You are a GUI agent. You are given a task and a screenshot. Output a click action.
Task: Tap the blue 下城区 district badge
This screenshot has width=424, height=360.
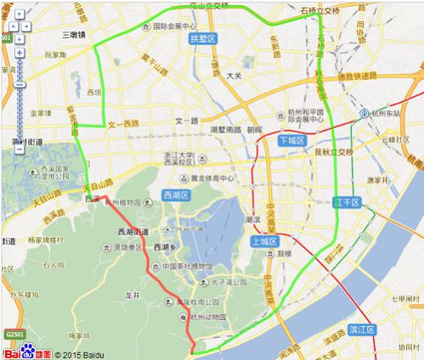(x=291, y=141)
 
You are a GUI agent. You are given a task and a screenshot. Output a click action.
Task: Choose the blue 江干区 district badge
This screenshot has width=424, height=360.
(x=348, y=202)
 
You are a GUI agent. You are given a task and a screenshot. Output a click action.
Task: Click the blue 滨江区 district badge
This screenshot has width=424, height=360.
(x=361, y=329)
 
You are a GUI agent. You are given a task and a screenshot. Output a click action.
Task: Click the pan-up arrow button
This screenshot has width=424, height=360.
(x=18, y=15)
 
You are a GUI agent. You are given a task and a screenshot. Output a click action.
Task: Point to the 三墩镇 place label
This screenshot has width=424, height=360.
(x=77, y=35)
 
